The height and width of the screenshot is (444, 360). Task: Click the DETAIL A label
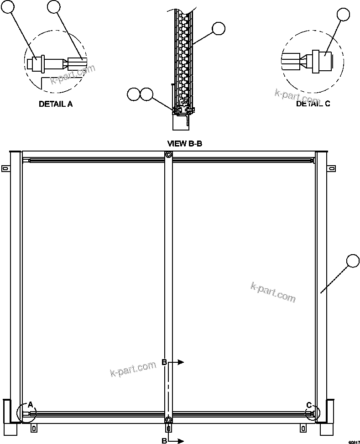tap(55, 104)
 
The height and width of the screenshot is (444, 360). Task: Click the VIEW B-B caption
tap(185, 144)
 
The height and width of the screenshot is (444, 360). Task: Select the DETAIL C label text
tap(313, 104)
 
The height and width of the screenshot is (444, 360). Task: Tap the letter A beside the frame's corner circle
tap(30, 404)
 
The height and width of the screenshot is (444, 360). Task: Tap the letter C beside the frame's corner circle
tap(309, 405)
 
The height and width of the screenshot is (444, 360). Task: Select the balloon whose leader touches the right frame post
tap(353, 261)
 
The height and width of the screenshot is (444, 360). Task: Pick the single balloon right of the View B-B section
tap(219, 29)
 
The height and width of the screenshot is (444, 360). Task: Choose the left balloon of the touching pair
tap(134, 94)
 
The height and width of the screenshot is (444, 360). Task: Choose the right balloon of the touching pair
tap(147, 94)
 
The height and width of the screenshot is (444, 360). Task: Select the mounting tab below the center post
tap(169, 428)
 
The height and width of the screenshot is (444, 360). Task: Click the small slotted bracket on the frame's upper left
tap(5, 168)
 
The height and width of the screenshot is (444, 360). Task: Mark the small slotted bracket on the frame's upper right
tap(331, 169)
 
